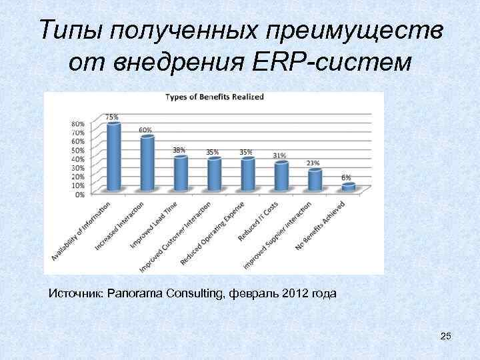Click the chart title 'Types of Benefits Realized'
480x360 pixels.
coord(215,97)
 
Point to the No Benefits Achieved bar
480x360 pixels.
coord(348,188)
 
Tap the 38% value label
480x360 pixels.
coord(179,150)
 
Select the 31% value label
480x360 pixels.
coord(280,155)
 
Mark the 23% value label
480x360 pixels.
coord(313,163)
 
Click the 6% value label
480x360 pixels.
coord(347,177)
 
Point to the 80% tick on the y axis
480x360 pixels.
coord(78,123)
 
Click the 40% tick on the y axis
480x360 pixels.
coord(78,159)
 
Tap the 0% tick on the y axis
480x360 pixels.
coord(79,194)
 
